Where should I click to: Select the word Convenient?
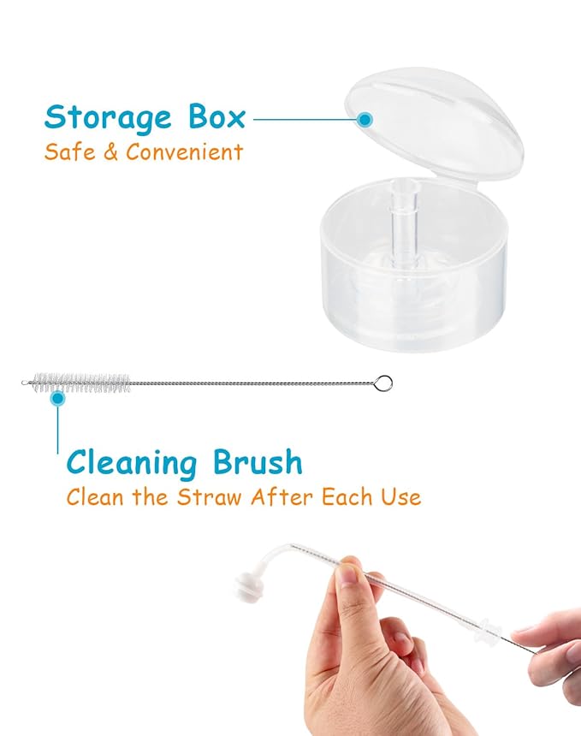pyautogui.click(x=185, y=152)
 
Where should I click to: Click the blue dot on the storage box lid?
pyautogui.click(x=365, y=120)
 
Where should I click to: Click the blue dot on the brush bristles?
pyautogui.click(x=58, y=397)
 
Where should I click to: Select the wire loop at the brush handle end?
pyautogui.click(x=385, y=382)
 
